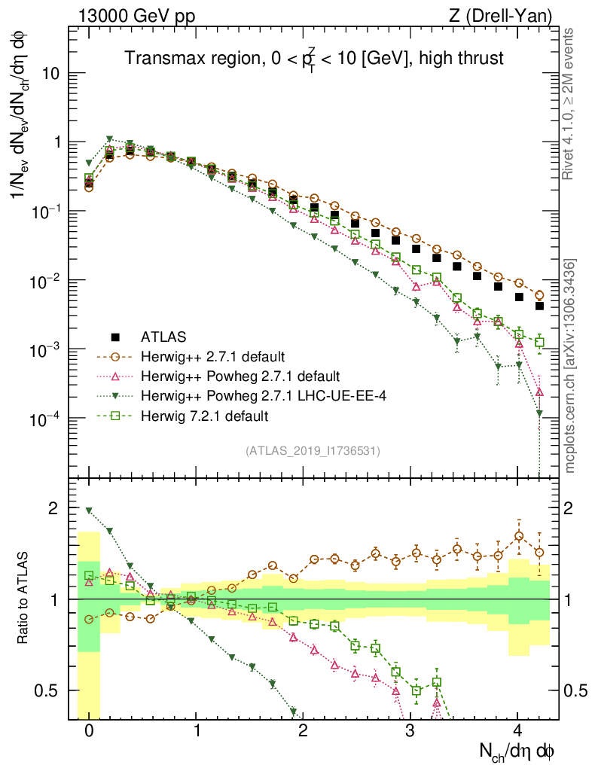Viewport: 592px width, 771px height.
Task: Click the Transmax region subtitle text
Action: (314, 58)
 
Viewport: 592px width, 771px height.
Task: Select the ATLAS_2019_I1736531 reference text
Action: (313, 451)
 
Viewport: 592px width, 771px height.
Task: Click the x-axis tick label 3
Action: (410, 730)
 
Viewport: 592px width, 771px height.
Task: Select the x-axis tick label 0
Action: (89, 730)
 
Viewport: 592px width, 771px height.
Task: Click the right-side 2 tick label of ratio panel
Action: (573, 508)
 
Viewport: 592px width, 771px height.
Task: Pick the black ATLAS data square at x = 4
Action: (518, 297)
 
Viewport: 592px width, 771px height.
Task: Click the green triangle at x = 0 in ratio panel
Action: (89, 510)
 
